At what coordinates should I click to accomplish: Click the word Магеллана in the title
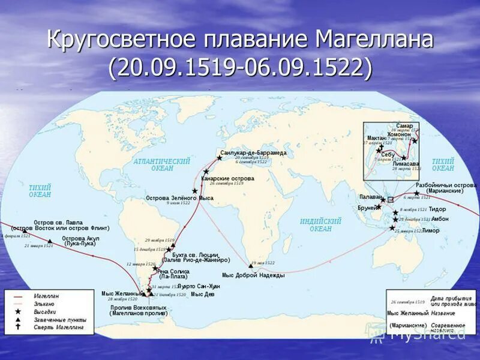(x=373, y=41)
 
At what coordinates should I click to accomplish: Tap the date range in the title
(x=240, y=68)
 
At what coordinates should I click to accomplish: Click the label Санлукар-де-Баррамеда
(x=253, y=153)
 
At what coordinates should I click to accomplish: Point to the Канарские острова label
(x=227, y=179)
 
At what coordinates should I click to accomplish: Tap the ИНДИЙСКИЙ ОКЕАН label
(x=320, y=225)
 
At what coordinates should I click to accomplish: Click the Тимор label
(x=430, y=230)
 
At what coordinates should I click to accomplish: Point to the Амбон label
(x=439, y=219)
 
